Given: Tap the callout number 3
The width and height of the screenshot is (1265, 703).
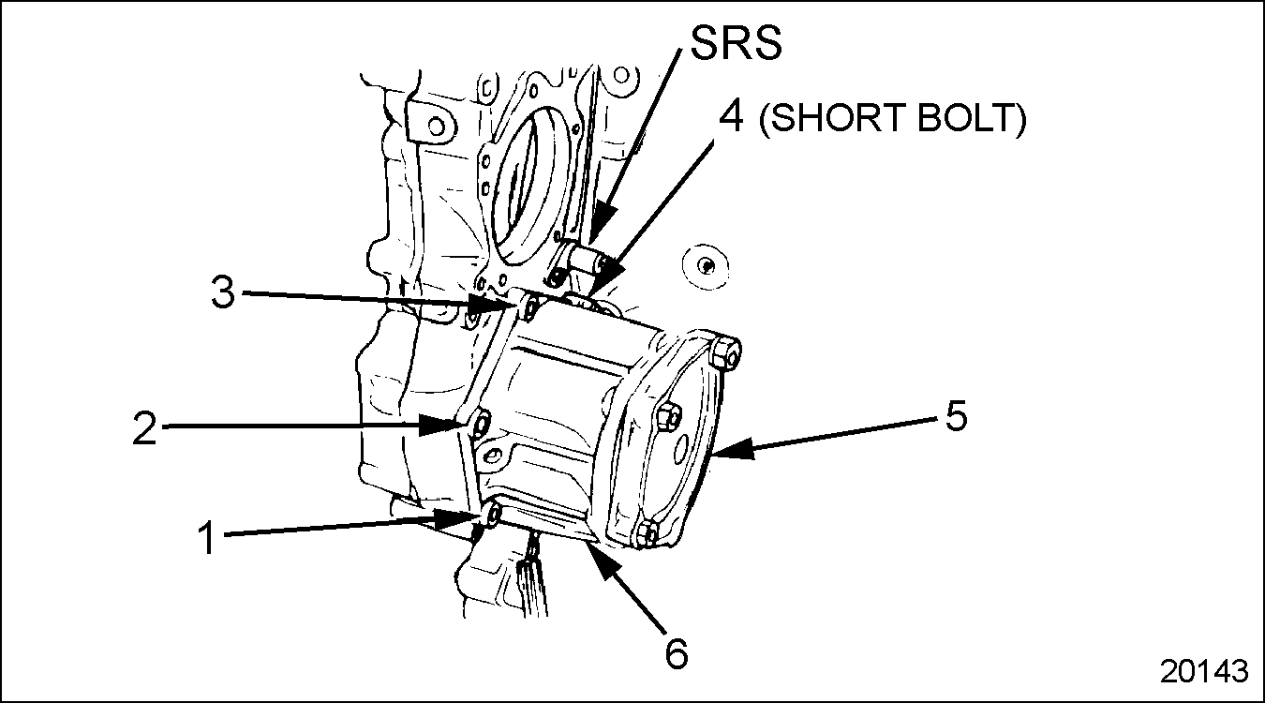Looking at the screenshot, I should coord(221,293).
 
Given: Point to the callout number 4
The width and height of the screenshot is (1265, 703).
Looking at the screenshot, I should coord(735,120).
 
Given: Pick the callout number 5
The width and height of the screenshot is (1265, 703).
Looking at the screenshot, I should coord(955,416).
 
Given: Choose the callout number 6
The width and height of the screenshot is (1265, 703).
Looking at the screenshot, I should coord(676,652).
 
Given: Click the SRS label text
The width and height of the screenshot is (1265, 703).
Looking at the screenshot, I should coord(736,42).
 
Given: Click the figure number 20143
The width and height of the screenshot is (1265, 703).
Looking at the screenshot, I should coord(1204,671).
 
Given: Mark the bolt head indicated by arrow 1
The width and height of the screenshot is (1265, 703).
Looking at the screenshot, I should coord(493,516).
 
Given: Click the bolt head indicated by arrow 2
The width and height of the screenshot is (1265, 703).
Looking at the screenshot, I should coord(479,426).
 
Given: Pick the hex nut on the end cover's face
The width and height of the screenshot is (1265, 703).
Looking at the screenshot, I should coord(666,416).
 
